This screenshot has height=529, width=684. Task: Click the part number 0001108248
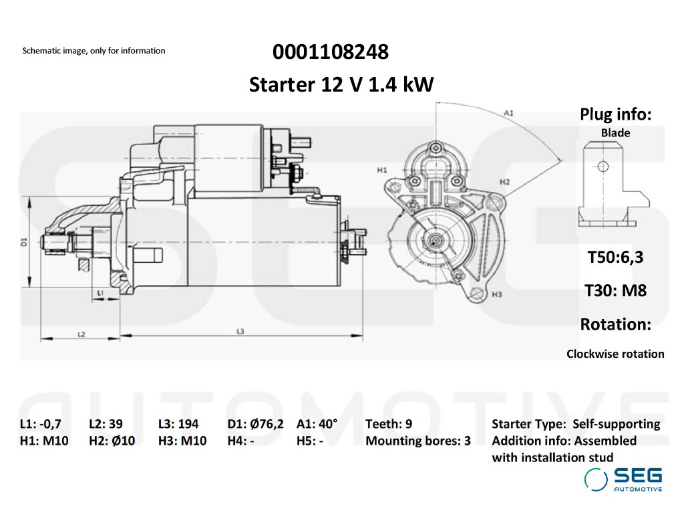[x=330, y=51]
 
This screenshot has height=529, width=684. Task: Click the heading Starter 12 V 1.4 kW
[x=341, y=85]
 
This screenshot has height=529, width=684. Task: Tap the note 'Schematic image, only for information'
[x=94, y=51]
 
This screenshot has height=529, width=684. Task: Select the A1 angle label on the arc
[x=508, y=113]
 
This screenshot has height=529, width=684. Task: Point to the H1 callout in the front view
[x=382, y=171]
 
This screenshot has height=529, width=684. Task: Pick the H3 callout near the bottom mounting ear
[x=496, y=294]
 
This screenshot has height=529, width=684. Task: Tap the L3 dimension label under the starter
[x=240, y=332]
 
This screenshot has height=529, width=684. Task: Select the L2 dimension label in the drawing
[x=81, y=333]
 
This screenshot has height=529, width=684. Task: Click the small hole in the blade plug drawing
[x=603, y=167]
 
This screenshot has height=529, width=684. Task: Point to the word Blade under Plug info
[x=615, y=133]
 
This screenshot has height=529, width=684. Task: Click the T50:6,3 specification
[x=615, y=257]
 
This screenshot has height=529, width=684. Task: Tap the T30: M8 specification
[x=615, y=291]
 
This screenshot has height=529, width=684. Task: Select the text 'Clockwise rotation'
[x=615, y=354]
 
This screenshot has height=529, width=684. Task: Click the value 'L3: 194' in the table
[x=178, y=423]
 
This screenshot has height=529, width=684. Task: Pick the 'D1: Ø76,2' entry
[x=255, y=423]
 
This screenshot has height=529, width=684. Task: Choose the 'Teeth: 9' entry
[x=389, y=423]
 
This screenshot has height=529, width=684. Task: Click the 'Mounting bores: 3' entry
[x=418, y=441]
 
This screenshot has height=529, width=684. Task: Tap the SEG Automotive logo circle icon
[x=596, y=479]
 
